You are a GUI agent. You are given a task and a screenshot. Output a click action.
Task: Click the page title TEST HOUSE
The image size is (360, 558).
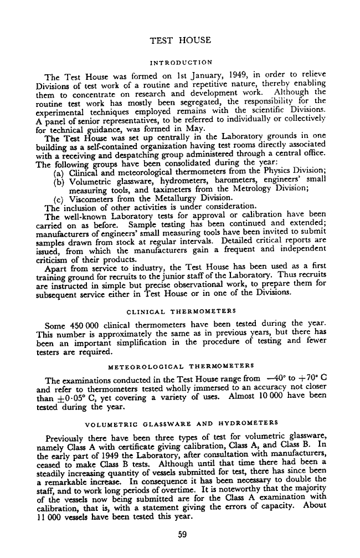[181, 40]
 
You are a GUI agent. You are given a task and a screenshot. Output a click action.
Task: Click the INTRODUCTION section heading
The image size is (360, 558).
[181, 62]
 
